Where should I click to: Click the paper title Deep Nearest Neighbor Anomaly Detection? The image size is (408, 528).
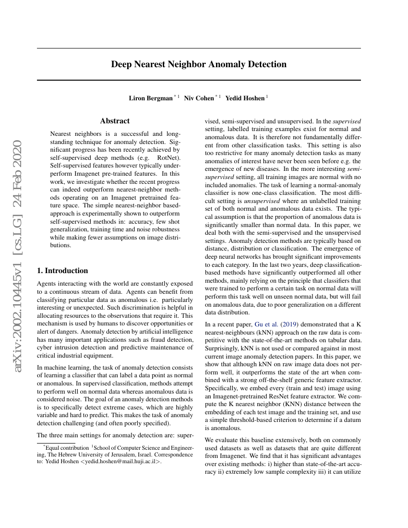pyautogui.click(x=199, y=64)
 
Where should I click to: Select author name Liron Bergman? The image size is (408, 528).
pyautogui.click(x=151, y=98)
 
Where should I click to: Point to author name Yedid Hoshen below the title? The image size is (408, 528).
pyautogui.click(x=245, y=98)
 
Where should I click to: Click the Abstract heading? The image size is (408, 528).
pyautogui.click(x=115, y=121)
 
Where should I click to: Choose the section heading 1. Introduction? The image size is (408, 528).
pyautogui.click(x=62, y=271)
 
